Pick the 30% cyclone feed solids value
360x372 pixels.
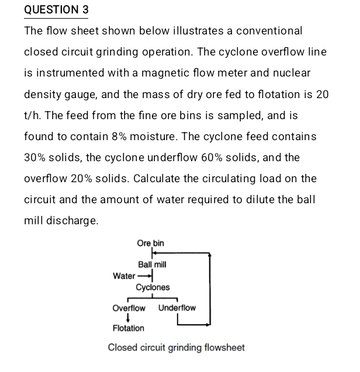pos(34,157)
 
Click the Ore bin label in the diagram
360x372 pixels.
pos(150,243)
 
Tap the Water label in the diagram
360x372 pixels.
pos(123,276)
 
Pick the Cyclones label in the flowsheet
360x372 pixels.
pos(153,287)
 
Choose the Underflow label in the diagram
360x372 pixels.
pos(176,308)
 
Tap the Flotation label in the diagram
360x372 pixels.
pos(128,328)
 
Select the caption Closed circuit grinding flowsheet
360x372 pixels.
pos(176,347)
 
